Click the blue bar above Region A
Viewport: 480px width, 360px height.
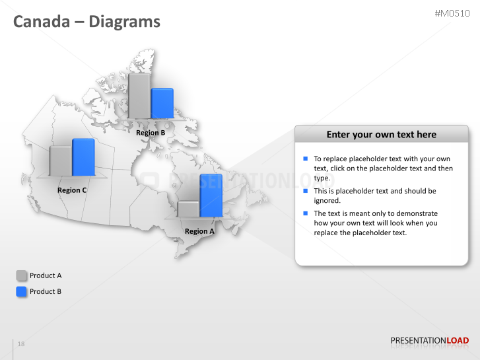[211, 196]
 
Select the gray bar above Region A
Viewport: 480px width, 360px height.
[188, 209]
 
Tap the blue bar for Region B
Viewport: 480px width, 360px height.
[162, 103]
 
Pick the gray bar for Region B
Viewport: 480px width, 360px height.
[139, 96]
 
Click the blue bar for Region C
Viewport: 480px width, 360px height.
[83, 158]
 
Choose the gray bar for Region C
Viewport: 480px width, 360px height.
[61, 161]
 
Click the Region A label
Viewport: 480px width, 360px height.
[199, 231]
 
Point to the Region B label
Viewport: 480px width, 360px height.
[151, 133]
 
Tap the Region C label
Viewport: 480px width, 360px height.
[72, 190]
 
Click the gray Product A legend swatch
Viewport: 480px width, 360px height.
[22, 275]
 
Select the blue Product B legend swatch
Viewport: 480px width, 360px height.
[22, 291]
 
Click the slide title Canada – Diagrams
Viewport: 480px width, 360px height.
[86, 22]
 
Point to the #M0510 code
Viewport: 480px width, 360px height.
[452, 13]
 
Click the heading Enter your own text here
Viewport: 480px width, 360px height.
[381, 134]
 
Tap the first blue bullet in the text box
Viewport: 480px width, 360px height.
[306, 159]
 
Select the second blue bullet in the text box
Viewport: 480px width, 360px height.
[306, 191]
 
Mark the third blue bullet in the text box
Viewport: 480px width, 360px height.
[306, 213]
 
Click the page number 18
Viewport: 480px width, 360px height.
[21, 344]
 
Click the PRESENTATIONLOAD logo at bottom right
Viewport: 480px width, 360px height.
[429, 341]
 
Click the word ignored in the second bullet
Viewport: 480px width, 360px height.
[327, 200]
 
